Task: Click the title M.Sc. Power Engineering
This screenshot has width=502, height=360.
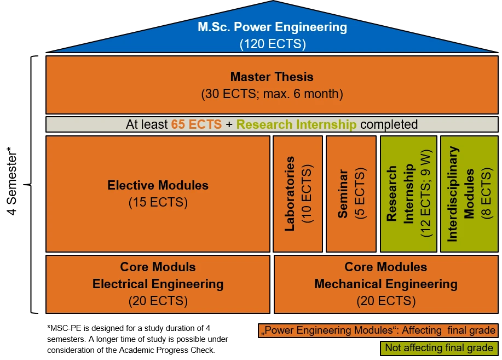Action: point(272,27)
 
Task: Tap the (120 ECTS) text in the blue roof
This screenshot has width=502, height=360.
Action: point(272,44)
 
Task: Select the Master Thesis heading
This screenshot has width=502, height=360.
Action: point(272,77)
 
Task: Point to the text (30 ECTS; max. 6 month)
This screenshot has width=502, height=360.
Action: point(272,94)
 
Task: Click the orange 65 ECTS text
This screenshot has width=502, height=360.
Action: point(196,124)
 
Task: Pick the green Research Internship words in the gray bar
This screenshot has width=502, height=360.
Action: point(296,124)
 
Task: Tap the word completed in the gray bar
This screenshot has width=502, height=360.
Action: point(389,124)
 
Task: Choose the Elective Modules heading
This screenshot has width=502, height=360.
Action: point(158,185)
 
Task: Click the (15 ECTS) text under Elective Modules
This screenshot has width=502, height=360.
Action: point(158,202)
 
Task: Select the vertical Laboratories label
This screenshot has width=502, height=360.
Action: point(290,194)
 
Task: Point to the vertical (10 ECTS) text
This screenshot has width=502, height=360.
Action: point(307,194)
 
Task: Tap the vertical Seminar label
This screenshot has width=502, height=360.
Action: point(343,194)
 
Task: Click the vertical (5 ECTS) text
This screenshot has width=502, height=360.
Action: point(359,194)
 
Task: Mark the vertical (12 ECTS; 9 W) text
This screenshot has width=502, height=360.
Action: point(426,194)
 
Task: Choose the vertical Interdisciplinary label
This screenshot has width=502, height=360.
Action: point(453,194)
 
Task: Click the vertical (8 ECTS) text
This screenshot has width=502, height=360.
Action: point(486,194)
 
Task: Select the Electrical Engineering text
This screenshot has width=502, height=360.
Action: point(158,284)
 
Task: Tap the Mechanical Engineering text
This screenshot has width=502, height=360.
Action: point(385,284)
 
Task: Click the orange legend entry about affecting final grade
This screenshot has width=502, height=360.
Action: point(378,330)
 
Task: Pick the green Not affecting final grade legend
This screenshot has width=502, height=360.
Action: point(439,347)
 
